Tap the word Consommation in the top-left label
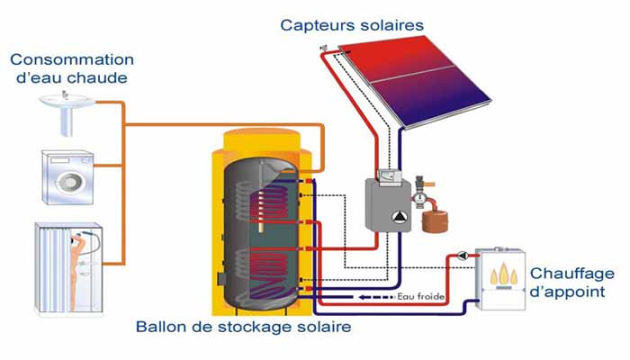(71, 59)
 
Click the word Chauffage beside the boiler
(572, 274)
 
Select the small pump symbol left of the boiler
(462, 256)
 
